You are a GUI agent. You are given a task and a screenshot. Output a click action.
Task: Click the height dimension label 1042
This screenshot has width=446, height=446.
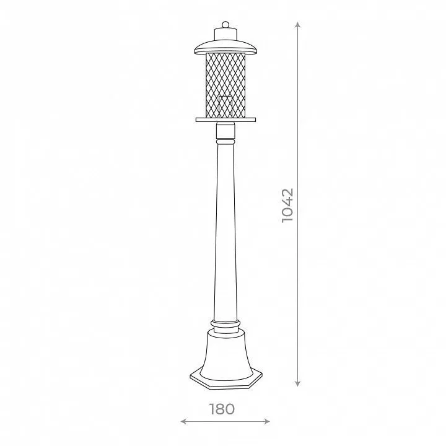coord(287,206)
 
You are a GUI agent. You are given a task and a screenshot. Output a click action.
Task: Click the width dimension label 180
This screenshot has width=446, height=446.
coord(222,409)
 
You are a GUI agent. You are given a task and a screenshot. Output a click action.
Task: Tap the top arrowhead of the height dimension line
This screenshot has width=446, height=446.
coord(297,24)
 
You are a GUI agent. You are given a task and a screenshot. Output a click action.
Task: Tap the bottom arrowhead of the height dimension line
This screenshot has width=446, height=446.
coord(297,383)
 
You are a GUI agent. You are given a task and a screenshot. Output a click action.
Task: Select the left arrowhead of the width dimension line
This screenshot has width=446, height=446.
coord(183,421)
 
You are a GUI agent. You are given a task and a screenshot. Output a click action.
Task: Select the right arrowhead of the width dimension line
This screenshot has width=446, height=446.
coord(267,421)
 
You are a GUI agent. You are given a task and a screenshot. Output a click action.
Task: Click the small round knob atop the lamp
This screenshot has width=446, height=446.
coord(225,24)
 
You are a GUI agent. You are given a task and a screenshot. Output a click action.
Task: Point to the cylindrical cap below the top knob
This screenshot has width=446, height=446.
coord(225,34)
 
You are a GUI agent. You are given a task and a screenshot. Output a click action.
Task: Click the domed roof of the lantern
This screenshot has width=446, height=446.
coord(225,47)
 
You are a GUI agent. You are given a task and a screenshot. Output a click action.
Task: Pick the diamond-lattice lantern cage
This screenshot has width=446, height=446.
coord(225,85)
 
